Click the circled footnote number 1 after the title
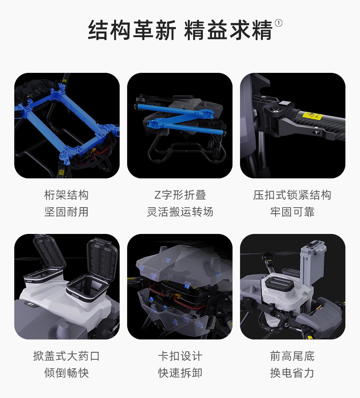(278, 23)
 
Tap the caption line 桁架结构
(66, 195)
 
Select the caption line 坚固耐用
(66, 212)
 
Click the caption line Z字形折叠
(180, 195)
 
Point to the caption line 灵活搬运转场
(180, 212)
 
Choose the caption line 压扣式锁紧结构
(292, 195)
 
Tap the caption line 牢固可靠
(292, 212)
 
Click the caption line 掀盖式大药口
(66, 356)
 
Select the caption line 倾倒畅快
(66, 372)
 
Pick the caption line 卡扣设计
(180, 356)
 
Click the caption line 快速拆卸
(180, 372)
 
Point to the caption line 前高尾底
(292, 356)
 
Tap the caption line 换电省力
(292, 372)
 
